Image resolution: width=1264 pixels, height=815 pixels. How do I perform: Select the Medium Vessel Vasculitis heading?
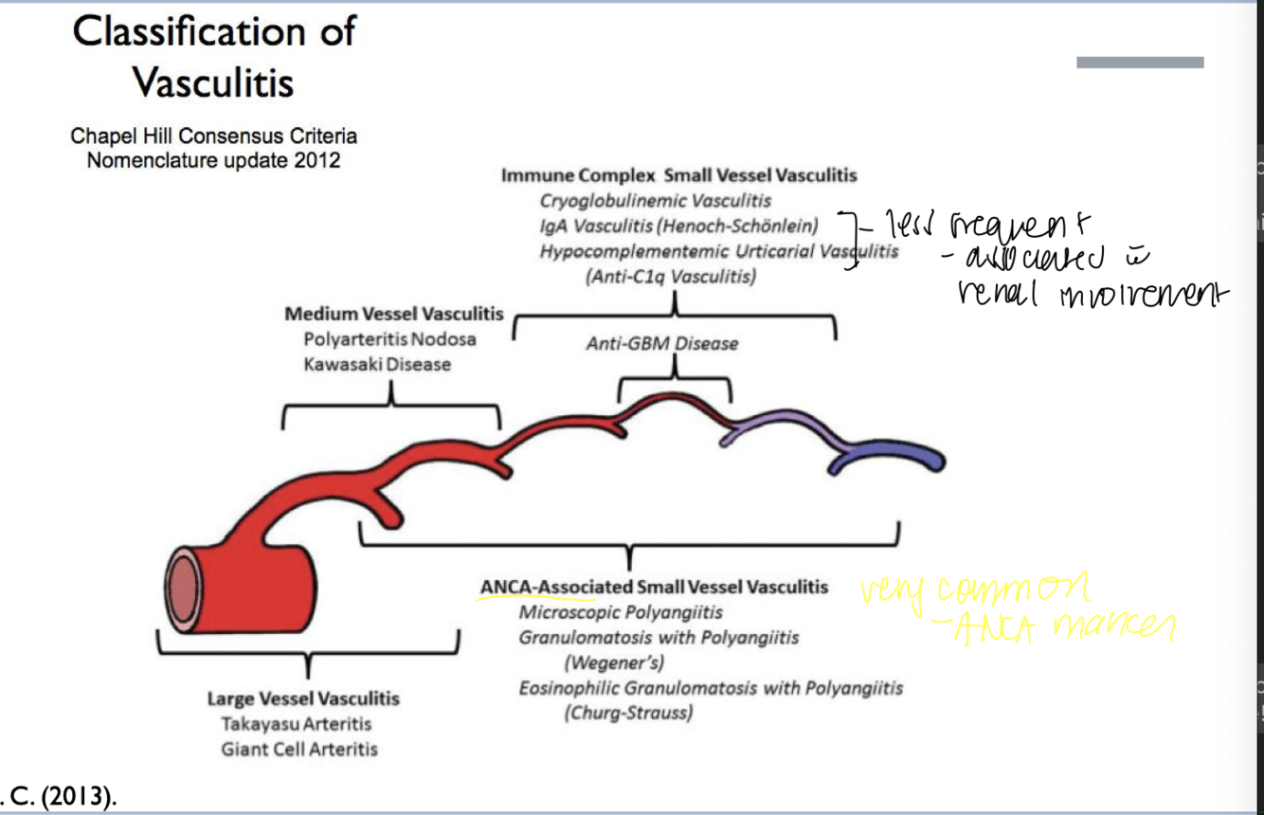[394, 314]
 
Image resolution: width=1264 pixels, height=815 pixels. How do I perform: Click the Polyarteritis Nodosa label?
[389, 339]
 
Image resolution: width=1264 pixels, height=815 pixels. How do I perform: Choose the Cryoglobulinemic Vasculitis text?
[655, 201]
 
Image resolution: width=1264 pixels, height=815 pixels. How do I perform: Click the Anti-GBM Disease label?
[661, 343]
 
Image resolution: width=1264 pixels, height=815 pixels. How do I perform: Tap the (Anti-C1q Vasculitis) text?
[671, 277]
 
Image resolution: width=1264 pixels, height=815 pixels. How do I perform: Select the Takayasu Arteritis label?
[297, 724]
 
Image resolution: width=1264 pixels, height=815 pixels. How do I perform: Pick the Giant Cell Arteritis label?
[299, 749]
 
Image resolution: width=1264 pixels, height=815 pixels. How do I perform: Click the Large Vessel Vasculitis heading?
[303, 699]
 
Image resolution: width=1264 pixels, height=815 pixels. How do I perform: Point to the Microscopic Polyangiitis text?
[621, 612]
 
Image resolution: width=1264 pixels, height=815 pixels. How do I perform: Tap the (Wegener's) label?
[614, 661]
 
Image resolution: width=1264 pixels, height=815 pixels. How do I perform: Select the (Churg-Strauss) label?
[628, 713]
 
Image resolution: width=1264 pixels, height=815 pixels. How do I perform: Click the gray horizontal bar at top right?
[1140, 63]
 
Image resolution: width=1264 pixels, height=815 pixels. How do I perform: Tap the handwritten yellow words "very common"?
[974, 590]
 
